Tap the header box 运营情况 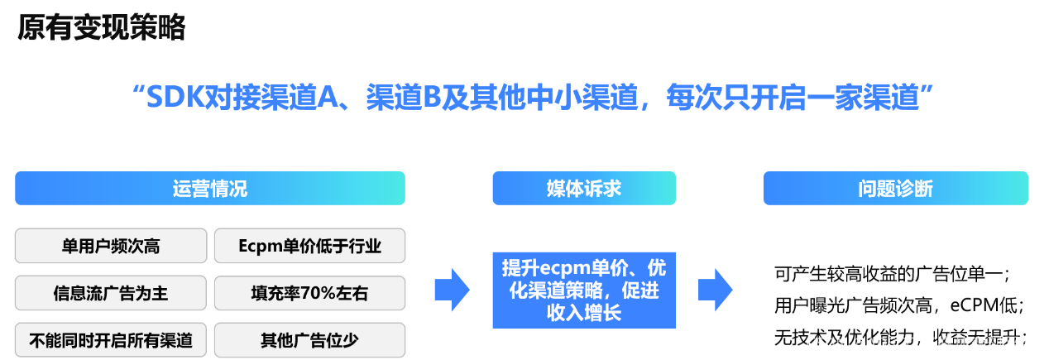click(x=210, y=189)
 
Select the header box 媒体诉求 click(x=583, y=189)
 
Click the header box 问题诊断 click(x=895, y=189)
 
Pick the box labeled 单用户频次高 click(x=111, y=246)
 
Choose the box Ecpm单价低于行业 click(x=309, y=246)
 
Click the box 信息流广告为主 click(x=111, y=293)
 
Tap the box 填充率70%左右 click(x=309, y=293)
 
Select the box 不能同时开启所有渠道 click(x=111, y=340)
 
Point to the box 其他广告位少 click(x=309, y=340)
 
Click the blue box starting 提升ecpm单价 click(x=583, y=290)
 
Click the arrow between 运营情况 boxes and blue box click(x=452, y=290)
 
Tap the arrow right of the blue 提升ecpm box click(x=716, y=290)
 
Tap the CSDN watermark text click(x=824, y=343)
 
